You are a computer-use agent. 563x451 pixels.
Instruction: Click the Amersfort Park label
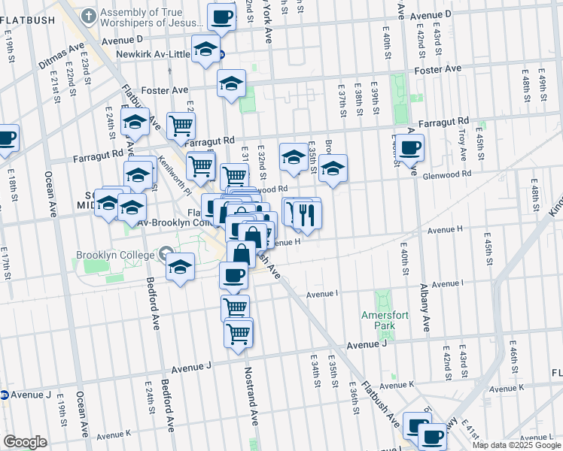pyautogui.click(x=378, y=320)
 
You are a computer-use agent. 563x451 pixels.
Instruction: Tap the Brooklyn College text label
pyautogui.click(x=115, y=255)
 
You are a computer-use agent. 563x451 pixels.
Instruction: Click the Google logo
pyautogui.click(x=25, y=442)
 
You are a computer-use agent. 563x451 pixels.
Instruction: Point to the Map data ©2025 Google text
pyautogui.click(x=516, y=445)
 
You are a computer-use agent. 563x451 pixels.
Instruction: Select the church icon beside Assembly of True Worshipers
pyautogui.click(x=89, y=15)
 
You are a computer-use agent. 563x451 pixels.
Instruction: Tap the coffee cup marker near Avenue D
pyautogui.click(x=222, y=17)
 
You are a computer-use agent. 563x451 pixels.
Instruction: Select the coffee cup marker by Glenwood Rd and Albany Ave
pyautogui.click(x=411, y=148)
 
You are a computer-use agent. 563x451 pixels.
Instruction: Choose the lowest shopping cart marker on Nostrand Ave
pyautogui.click(x=239, y=332)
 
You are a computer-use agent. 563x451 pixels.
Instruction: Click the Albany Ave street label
pyautogui.click(x=425, y=307)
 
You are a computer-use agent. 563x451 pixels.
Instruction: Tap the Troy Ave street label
pyautogui.click(x=463, y=140)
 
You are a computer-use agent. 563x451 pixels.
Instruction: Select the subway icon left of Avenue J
pyautogui.click(x=4, y=395)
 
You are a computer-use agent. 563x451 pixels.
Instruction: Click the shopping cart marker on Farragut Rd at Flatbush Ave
pyautogui.click(x=181, y=126)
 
